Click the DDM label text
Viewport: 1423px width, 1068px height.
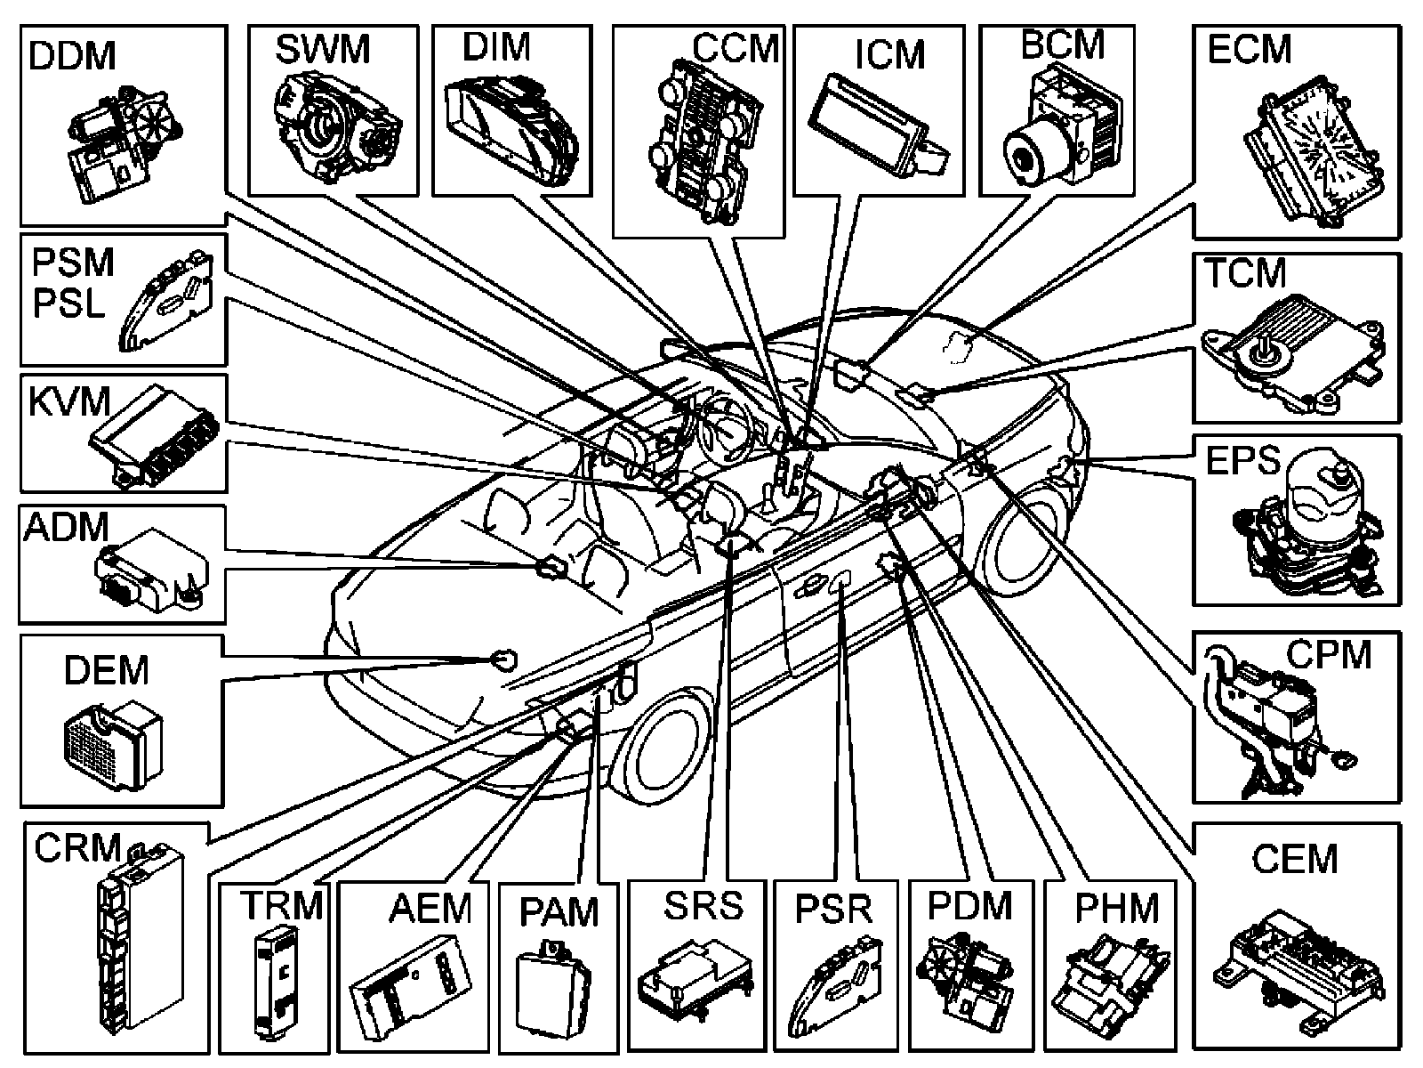coord(72,56)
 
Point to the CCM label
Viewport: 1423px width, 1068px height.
coord(735,48)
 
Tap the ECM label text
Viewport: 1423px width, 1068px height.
coord(1249,50)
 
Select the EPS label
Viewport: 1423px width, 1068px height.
coord(1242,461)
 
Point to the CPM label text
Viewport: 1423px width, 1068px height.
coord(1329,655)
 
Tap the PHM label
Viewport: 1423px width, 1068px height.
coord(1117,908)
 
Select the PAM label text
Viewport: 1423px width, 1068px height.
coord(559,913)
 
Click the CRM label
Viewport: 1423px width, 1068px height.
coord(76,847)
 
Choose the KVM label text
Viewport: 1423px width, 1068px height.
coord(68,401)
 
